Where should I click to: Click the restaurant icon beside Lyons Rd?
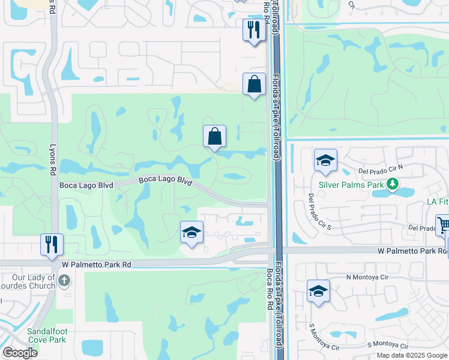(52, 244)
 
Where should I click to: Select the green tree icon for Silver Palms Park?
(393, 184)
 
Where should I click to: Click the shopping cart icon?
(443, 226)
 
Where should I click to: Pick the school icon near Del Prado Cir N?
(325, 160)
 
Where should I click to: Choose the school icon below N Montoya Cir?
(318, 292)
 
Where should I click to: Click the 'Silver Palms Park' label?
(351, 185)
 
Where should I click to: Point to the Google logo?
(20, 353)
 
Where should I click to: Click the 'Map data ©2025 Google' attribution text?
(411, 355)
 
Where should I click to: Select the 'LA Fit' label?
(437, 203)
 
